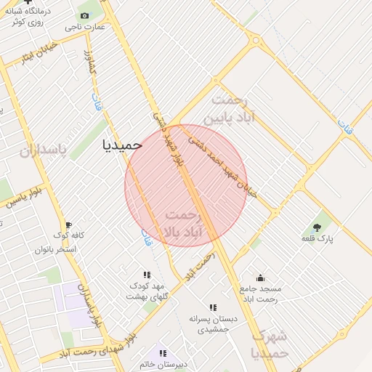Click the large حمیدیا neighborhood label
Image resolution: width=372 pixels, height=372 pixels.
click(122, 144)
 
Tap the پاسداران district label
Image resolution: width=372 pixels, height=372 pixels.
click(42, 150)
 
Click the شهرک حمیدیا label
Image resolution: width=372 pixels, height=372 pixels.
click(270, 344)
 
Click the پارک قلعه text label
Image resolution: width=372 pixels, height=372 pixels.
click(317, 239)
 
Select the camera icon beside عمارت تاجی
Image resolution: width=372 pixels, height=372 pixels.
click(84, 16)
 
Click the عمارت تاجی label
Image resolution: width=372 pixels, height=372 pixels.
click(84, 27)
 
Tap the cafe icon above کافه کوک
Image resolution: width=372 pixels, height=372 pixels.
click(69, 225)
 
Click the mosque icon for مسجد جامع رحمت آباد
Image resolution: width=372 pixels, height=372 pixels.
click(261, 278)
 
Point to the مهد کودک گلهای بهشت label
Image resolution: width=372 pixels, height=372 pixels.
click(147, 291)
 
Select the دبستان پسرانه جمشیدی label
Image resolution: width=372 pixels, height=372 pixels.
click(213, 324)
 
